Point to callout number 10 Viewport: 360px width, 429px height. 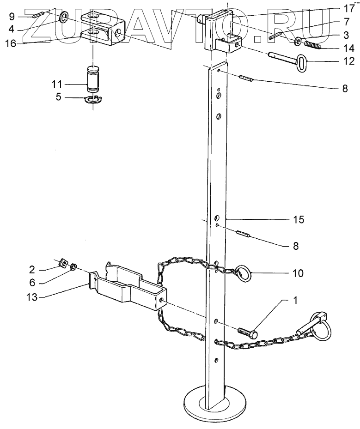tap(298, 273)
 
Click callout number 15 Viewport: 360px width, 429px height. tap(299, 220)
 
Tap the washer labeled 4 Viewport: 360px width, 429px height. tap(63, 17)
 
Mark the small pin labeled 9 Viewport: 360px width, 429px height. tap(38, 14)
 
